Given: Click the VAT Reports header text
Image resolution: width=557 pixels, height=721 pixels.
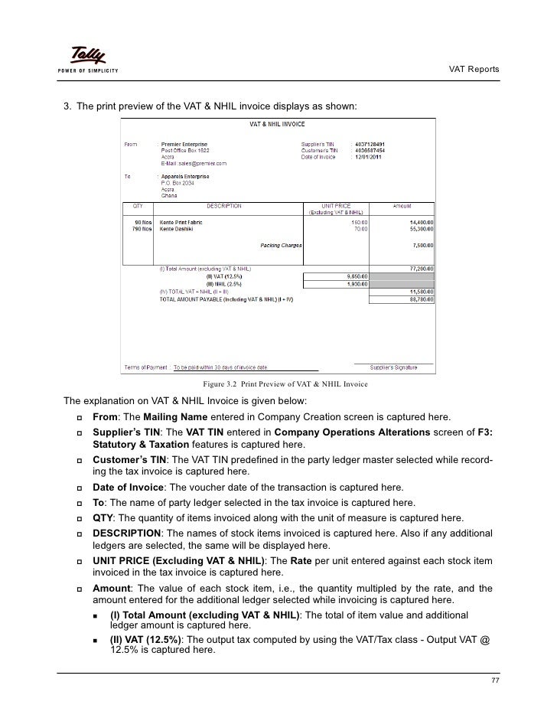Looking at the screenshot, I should tap(473, 70).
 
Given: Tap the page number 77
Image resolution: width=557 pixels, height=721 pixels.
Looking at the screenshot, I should tap(494, 681).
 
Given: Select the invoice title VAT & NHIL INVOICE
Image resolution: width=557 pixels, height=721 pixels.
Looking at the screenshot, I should tap(277, 123).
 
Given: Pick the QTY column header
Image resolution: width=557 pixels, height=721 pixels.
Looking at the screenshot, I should tap(138, 206).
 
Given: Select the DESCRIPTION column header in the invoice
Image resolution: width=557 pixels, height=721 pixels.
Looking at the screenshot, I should tap(224, 206).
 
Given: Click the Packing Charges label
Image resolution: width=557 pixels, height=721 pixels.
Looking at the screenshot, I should tap(281, 246).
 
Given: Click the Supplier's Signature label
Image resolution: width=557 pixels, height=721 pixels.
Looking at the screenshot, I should tap(393, 367).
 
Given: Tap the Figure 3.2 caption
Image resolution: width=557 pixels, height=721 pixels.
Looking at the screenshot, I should tap(285, 383).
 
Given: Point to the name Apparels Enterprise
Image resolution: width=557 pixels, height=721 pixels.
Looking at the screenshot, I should tap(188, 176).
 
